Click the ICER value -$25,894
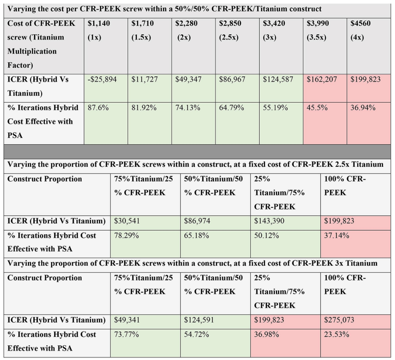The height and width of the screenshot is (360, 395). click(x=102, y=79)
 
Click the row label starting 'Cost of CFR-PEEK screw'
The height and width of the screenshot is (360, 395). click(x=41, y=44)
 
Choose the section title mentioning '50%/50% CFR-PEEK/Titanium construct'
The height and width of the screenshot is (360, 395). click(x=164, y=9)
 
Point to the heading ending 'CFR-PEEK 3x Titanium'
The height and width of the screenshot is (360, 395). click(x=192, y=263)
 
